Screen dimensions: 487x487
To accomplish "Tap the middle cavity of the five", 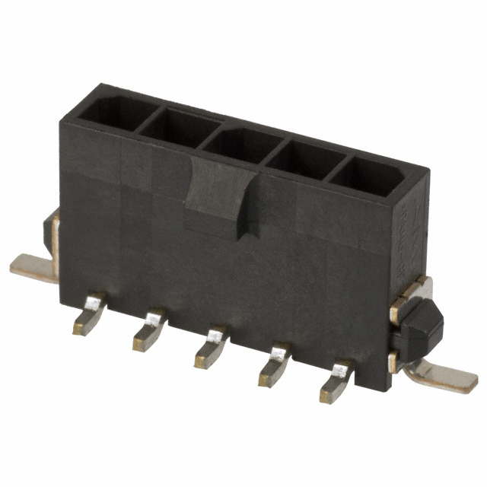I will click(242, 142).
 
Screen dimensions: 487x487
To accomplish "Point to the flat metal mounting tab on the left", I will click(33, 267).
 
